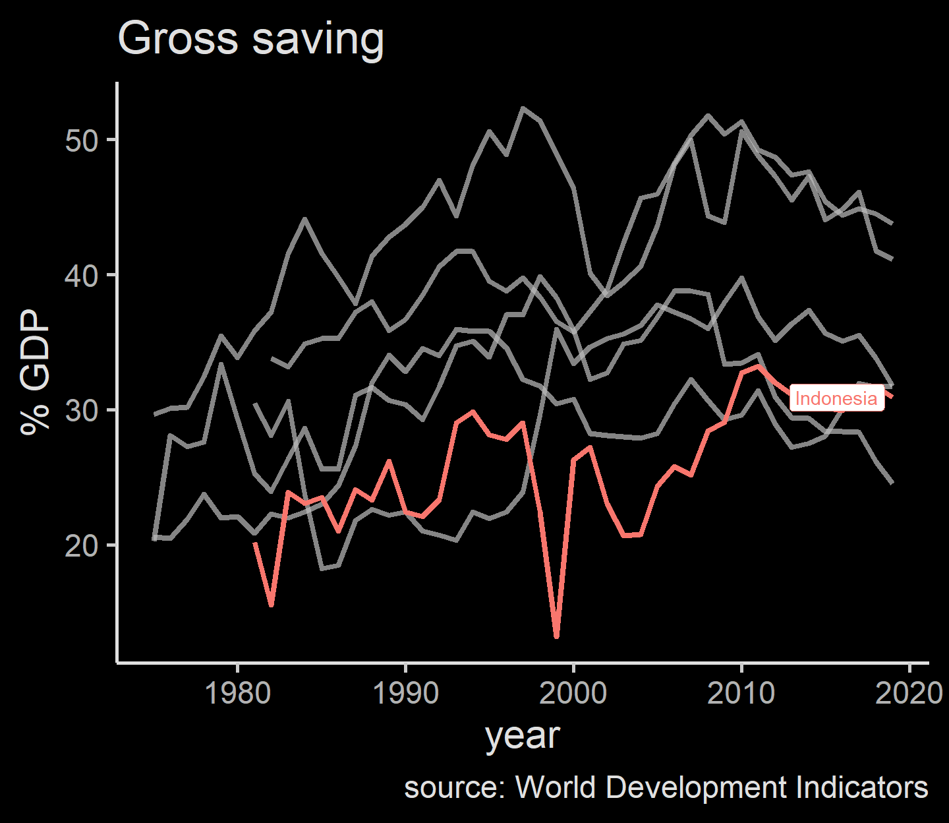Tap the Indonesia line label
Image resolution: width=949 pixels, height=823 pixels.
tap(836, 398)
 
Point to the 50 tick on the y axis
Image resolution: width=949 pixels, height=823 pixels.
tap(82, 140)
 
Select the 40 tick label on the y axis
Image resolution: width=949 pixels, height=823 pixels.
tap(82, 275)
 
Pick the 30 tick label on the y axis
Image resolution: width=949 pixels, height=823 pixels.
tap(82, 410)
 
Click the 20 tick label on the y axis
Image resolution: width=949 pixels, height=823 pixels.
tap(82, 545)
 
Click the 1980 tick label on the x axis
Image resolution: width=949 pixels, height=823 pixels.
tap(238, 693)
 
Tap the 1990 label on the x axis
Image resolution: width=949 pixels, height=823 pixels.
tap(406, 693)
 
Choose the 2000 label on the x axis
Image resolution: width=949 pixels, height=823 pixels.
tap(573, 693)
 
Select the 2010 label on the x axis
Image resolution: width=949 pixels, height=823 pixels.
tap(741, 693)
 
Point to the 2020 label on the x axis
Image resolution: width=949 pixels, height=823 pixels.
tap(909, 693)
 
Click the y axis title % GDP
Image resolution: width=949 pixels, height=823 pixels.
tap(36, 372)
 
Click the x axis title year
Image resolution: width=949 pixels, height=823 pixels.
tap(523, 735)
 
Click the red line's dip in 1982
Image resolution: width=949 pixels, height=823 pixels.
tap(271, 604)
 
